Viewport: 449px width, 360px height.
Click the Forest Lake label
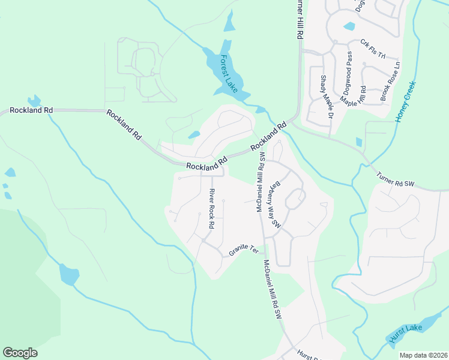point(229,74)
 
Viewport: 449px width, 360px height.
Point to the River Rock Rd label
point(211,209)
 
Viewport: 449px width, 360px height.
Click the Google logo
point(20,353)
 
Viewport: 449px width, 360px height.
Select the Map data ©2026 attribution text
point(423,355)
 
